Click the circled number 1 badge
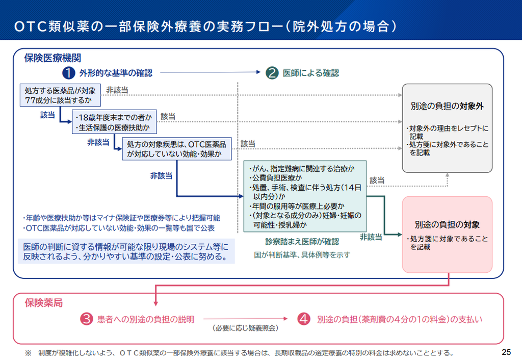(x=69, y=73)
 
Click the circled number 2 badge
(x=272, y=73)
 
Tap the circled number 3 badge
(x=86, y=319)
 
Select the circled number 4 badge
(x=304, y=319)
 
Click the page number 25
(x=506, y=352)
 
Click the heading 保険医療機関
(x=53, y=58)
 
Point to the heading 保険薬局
(x=44, y=303)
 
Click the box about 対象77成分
(x=60, y=95)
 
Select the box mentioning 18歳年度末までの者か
(x=114, y=122)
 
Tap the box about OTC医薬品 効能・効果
(x=177, y=149)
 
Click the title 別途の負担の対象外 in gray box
(x=447, y=106)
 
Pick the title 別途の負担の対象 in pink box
(x=447, y=225)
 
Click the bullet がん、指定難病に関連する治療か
(x=302, y=169)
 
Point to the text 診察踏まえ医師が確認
(x=302, y=241)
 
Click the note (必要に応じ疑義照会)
(x=245, y=328)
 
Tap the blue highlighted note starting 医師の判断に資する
(x=126, y=251)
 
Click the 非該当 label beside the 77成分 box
(x=117, y=90)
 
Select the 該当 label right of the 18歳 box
(x=168, y=117)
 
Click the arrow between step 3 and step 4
(x=245, y=319)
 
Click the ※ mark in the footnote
(x=29, y=353)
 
